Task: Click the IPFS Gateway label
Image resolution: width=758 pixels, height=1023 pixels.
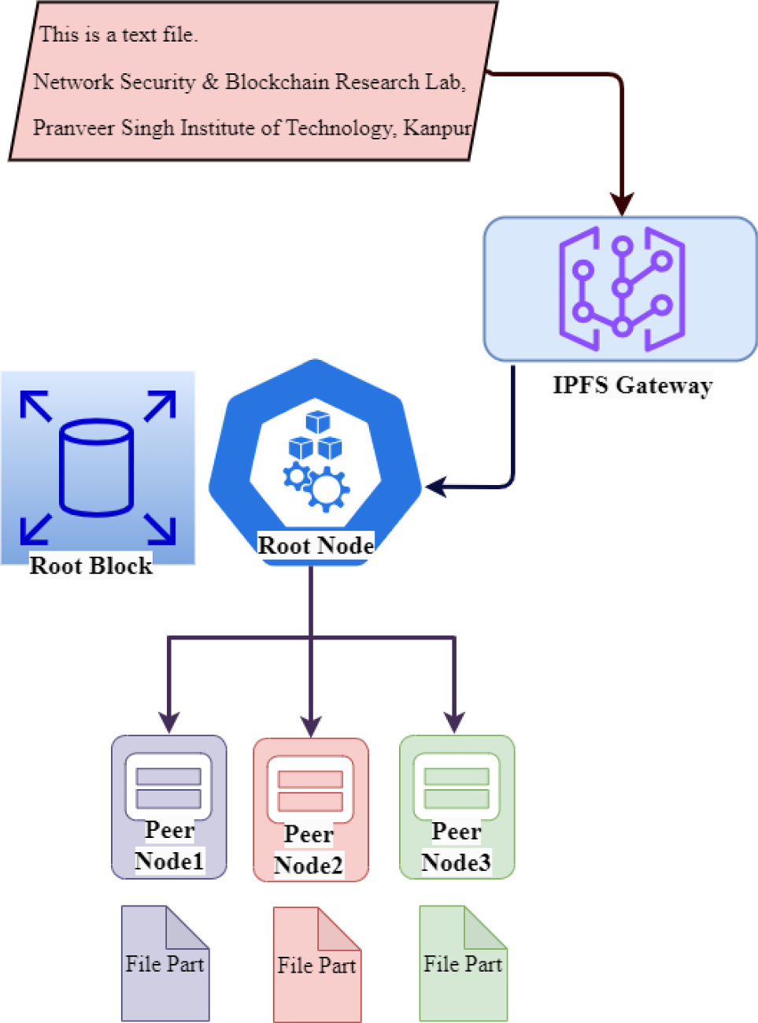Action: tap(632, 385)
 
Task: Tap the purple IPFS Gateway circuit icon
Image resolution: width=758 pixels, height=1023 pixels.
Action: tap(621, 289)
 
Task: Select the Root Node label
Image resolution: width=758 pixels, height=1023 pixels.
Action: tap(316, 545)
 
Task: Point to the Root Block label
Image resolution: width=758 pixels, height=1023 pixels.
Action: tap(91, 565)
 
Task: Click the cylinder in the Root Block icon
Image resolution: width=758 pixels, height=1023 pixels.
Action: tap(96, 468)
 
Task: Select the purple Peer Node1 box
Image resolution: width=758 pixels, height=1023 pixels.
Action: tap(168, 806)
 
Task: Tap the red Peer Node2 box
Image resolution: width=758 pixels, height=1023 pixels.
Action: tap(310, 810)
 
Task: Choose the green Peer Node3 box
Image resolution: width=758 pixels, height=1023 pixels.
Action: tap(457, 806)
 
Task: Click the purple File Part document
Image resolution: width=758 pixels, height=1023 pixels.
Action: tap(165, 963)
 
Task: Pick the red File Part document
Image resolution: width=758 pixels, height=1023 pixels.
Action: tap(316, 965)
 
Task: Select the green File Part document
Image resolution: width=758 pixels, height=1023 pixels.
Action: tap(463, 963)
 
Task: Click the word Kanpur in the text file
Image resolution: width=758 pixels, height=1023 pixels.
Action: tap(437, 128)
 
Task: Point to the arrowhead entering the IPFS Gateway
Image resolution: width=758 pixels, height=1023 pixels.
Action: tap(622, 204)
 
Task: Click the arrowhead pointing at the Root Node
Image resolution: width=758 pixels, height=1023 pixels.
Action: tap(435, 487)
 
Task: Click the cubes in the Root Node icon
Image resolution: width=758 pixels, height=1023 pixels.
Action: tap(316, 437)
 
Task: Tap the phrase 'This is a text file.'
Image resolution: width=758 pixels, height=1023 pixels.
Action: tap(118, 35)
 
